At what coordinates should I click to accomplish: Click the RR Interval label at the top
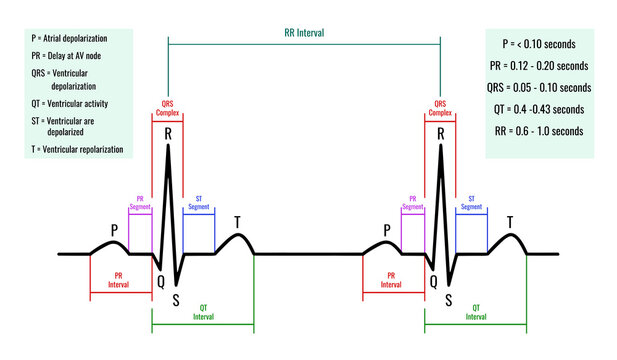304,32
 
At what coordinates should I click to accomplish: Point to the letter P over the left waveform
113,228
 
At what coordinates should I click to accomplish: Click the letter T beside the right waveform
510,221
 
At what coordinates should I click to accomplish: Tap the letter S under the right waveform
448,298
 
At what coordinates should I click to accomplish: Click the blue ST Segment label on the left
199,202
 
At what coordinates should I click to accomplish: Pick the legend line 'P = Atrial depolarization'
74,36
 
